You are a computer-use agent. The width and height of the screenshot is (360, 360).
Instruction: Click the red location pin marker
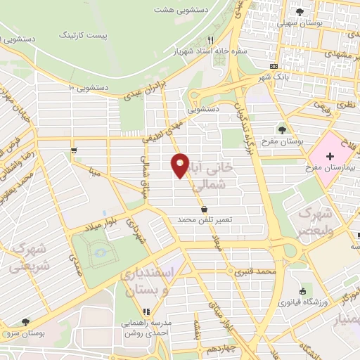click(180, 165)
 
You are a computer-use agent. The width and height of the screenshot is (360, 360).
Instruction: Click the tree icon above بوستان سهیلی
click(300, 12)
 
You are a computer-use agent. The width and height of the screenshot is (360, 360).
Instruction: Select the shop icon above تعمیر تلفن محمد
click(204, 209)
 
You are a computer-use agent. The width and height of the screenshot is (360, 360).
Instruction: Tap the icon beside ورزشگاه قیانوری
click(303, 292)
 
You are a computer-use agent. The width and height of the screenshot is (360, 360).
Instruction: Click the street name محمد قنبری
click(255, 271)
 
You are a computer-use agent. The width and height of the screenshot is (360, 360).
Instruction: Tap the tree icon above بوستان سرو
click(26, 321)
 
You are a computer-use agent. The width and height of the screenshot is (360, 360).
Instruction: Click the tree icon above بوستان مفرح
click(283, 129)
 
